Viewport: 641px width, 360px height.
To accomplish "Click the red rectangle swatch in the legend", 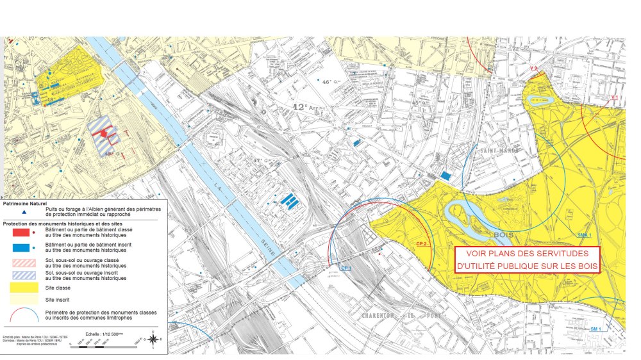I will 21,232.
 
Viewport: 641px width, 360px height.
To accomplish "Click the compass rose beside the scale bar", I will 154,338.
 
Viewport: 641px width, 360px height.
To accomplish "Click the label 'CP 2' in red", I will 421,244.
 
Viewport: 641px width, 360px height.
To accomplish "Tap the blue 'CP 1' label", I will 346,267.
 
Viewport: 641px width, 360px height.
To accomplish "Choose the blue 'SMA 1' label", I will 584,235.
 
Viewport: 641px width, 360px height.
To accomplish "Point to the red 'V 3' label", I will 533,67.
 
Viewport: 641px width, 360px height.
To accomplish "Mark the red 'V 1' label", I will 613,97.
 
